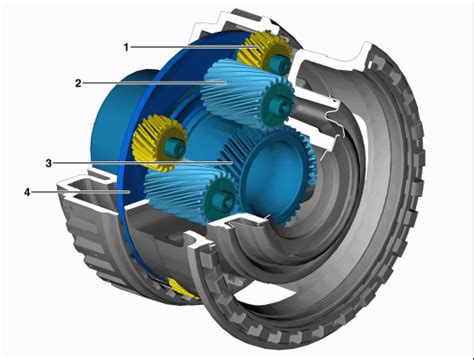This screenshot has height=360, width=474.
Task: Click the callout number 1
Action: tap(126, 47)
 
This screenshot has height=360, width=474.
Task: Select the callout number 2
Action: tap(78, 83)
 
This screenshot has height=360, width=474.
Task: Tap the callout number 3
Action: tap(49, 163)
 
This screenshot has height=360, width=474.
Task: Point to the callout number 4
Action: tap(27, 192)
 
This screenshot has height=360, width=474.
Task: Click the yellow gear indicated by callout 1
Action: tap(265, 53)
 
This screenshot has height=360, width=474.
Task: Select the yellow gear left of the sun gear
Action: tap(159, 143)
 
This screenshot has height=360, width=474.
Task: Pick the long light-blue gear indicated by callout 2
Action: tap(248, 95)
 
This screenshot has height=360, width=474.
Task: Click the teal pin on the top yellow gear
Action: tap(279, 64)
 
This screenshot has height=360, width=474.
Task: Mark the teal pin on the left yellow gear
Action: tap(174, 147)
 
